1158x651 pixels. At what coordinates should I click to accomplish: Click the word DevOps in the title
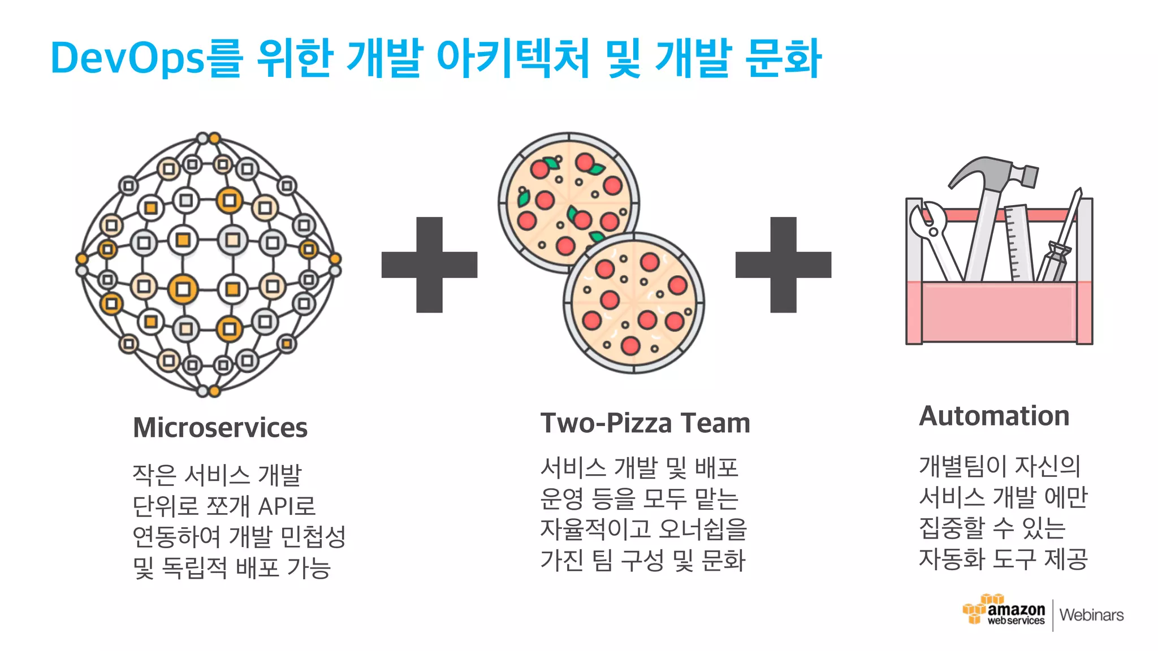tap(127, 58)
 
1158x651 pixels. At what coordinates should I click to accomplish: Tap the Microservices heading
tap(220, 428)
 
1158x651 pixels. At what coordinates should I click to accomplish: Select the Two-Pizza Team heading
tap(645, 423)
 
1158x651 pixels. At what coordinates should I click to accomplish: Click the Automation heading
tap(994, 416)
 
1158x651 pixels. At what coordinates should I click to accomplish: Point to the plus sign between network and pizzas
tap(429, 264)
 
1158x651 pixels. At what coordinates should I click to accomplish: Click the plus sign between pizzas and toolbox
tap(783, 264)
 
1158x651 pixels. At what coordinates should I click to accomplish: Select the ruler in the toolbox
tap(1018, 243)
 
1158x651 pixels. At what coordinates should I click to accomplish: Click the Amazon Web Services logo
tap(1004, 611)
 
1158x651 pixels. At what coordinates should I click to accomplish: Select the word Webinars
tap(1091, 615)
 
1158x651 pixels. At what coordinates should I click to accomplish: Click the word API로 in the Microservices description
tap(287, 506)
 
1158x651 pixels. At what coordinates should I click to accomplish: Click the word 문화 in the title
tap(783, 58)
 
